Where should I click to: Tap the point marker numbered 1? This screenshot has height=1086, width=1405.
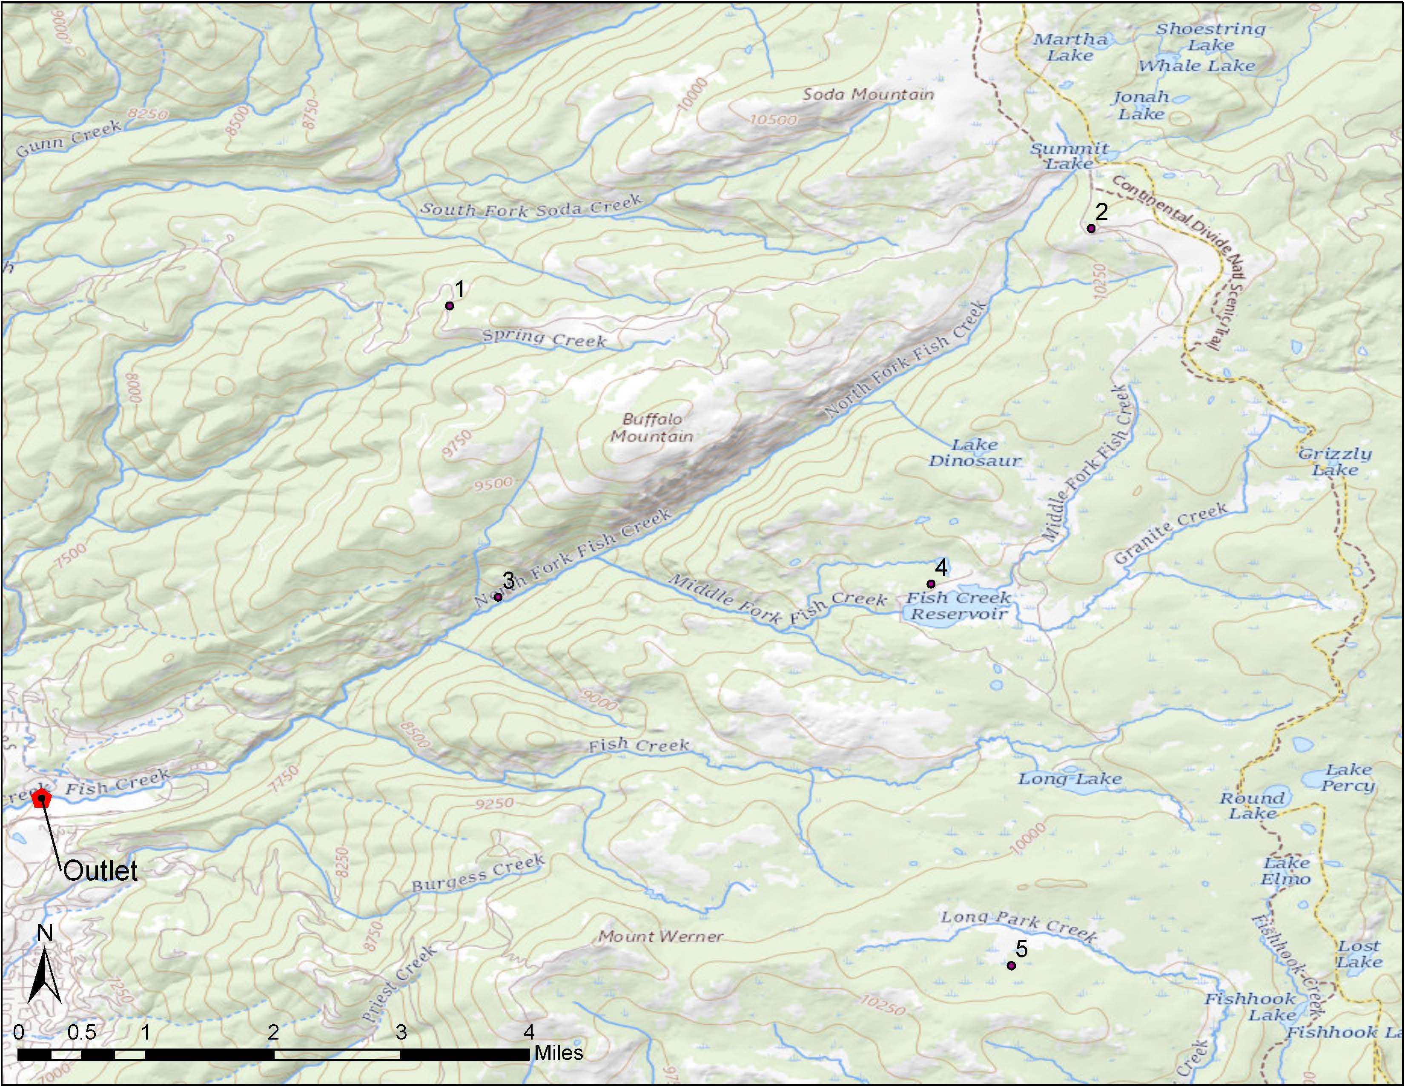(x=450, y=306)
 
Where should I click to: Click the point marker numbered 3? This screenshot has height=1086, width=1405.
(x=497, y=597)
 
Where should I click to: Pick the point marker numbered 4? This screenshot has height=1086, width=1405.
(x=930, y=583)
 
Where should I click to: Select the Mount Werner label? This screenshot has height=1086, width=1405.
(x=661, y=937)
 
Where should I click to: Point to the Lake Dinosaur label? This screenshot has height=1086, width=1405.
(x=974, y=452)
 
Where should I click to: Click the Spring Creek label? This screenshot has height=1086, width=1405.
(x=544, y=338)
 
